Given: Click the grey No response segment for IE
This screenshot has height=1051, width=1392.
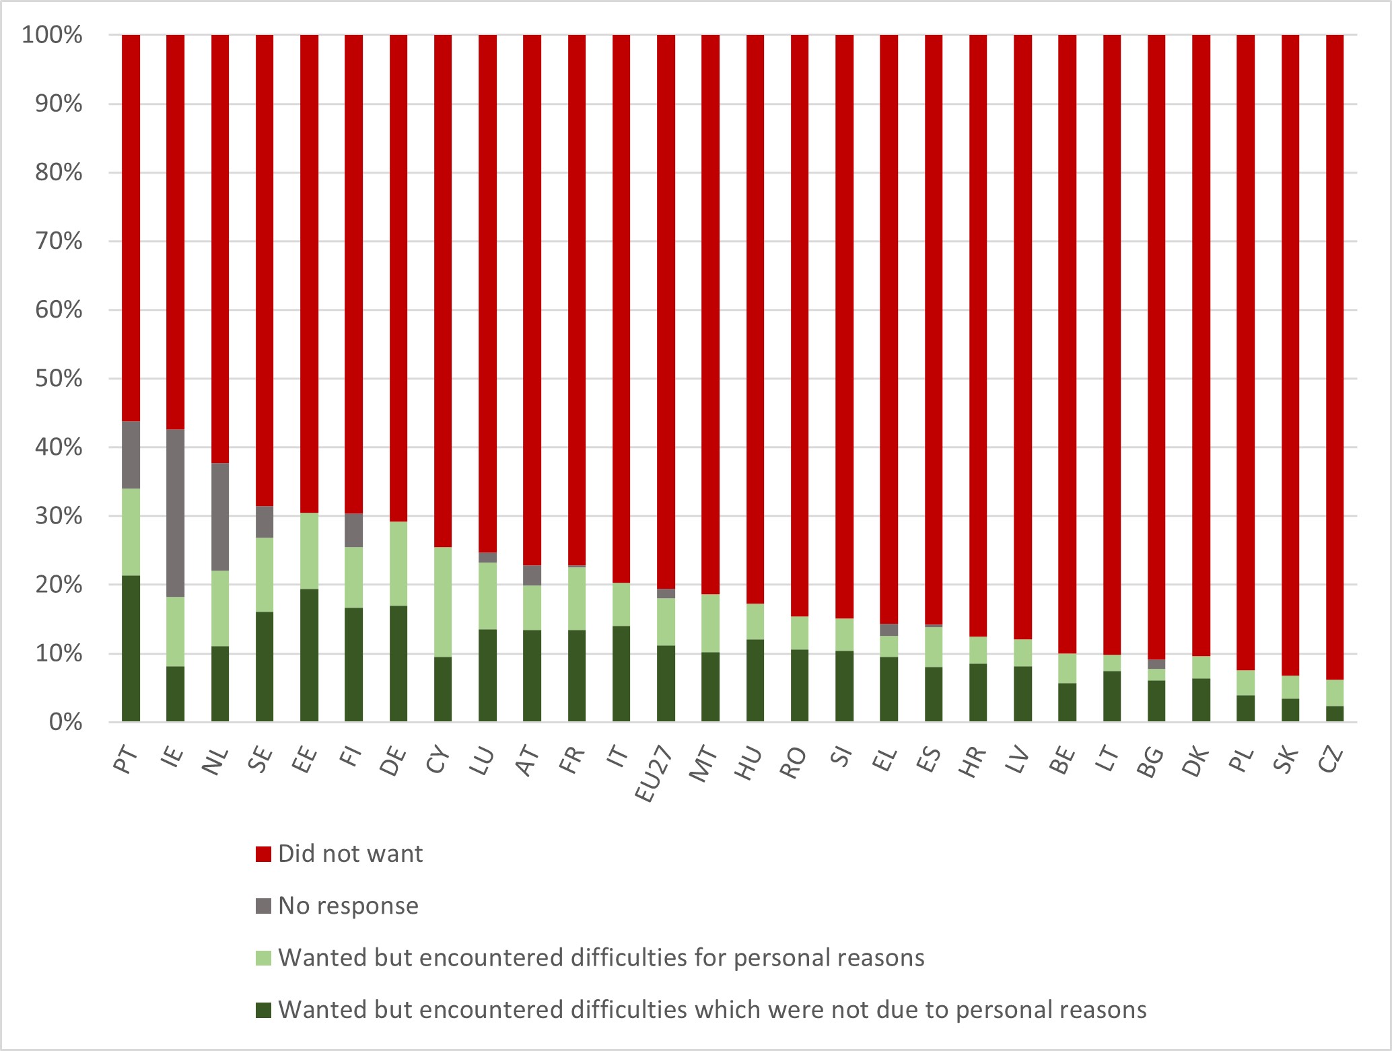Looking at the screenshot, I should (175, 513).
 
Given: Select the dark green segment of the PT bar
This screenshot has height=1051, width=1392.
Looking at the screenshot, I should (131, 649).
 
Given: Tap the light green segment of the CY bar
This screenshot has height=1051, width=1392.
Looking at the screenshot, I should (443, 602).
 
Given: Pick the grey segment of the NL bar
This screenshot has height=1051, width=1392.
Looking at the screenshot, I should (220, 517).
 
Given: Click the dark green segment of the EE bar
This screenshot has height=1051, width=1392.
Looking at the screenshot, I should (309, 655).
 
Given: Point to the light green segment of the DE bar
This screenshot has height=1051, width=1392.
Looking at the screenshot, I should (398, 564).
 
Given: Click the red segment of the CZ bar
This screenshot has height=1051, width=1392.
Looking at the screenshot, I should (1334, 357).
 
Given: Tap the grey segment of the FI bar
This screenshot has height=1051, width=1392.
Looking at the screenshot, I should (353, 530).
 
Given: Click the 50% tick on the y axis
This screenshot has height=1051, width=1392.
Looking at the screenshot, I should (59, 379).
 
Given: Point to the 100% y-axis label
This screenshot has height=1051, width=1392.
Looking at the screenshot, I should (52, 35).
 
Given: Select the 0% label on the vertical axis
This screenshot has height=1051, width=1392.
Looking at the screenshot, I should (65, 723).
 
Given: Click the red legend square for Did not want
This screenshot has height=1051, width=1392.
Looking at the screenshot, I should (263, 854).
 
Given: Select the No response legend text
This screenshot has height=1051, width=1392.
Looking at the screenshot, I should (348, 906).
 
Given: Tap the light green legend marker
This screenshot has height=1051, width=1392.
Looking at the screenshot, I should (263, 958).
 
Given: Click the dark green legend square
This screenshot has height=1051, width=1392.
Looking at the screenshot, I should (263, 1010).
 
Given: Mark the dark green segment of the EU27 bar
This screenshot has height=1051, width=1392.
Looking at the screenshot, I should (666, 684).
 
